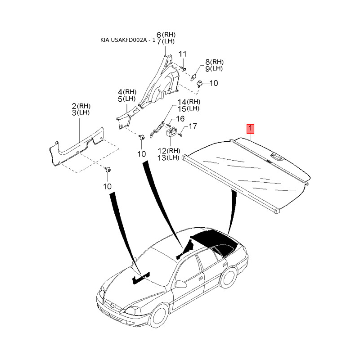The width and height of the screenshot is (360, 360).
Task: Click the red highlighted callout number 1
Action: coord(251,128)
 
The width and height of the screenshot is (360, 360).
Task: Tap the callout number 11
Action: coord(182,54)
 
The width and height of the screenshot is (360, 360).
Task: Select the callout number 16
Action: coord(180,119)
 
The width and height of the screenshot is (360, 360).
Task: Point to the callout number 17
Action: coord(192,126)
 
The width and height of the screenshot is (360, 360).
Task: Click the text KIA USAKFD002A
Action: coord(126,40)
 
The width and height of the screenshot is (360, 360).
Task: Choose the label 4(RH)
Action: coord(126,92)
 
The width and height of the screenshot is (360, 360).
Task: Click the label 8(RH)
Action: coord(214,62)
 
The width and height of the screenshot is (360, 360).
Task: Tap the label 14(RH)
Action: coord(188,102)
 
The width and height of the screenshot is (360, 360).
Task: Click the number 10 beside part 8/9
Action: coord(213,83)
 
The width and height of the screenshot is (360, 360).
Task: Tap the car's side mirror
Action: coord(181,284)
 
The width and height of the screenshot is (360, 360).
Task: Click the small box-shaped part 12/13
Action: coord(171,132)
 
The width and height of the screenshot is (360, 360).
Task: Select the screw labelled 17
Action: coord(180,134)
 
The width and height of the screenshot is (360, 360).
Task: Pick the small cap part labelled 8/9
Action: coord(197,76)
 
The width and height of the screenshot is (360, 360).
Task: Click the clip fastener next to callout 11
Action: coord(184,67)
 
